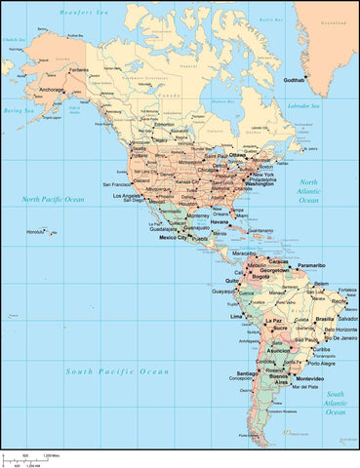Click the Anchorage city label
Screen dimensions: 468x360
point(51,91)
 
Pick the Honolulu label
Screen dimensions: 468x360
point(36,231)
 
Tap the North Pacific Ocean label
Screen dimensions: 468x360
point(54,199)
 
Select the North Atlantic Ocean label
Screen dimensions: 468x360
point(308,191)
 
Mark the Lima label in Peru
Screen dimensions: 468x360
point(234,317)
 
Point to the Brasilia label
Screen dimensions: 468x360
point(325,319)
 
